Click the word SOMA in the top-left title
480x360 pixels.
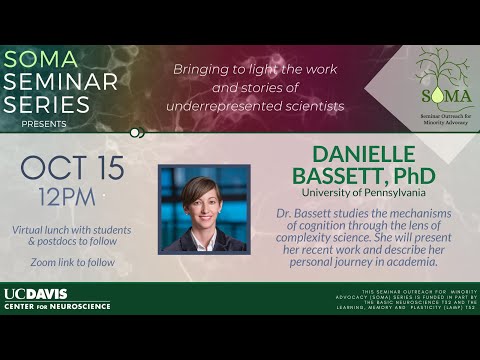click(x=41, y=59)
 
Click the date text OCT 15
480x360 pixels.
click(x=72, y=167)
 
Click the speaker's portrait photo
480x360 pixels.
click(x=204, y=208)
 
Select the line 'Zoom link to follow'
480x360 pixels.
click(x=72, y=262)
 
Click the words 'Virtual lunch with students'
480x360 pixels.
click(x=72, y=229)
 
